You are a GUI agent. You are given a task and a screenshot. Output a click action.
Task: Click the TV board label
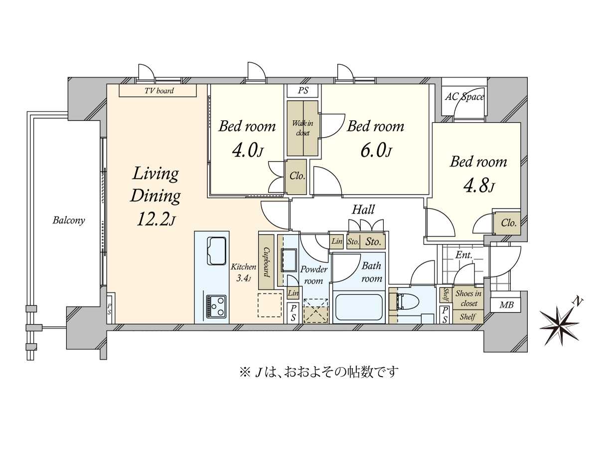point(159,90)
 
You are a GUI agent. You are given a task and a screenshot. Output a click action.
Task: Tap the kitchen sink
point(217,250)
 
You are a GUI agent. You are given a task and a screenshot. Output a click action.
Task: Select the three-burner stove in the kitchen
point(216,306)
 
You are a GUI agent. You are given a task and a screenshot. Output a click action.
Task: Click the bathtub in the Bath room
point(358,307)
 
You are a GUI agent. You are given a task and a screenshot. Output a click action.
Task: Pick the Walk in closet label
point(302,128)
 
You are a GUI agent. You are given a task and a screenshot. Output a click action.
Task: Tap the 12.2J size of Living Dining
point(155,219)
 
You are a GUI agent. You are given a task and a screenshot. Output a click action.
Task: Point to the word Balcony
point(69,221)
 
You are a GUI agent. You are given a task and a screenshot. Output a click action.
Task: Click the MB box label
point(506,305)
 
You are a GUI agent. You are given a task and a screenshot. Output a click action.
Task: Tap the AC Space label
point(464,97)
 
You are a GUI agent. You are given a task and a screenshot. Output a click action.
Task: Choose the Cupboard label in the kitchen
point(267,262)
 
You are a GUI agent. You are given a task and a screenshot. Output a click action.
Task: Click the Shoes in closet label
point(468,298)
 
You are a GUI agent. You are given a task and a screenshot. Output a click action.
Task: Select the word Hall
point(363,210)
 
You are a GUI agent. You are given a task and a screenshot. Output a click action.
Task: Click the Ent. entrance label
point(463,255)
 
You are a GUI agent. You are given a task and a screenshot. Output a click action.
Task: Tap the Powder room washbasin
point(289,259)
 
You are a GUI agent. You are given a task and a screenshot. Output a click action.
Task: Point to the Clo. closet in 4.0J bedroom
point(297,176)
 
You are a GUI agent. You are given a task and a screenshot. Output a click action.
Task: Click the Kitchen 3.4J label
point(243,272)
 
